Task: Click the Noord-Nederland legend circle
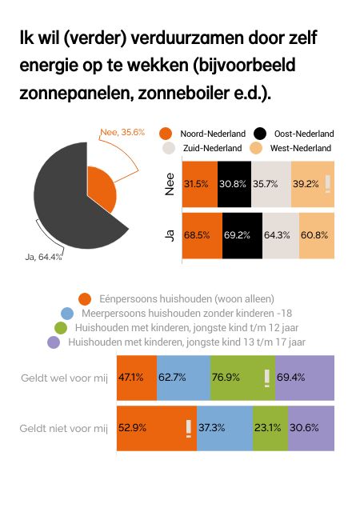click(166, 134)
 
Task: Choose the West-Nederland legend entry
click(293, 149)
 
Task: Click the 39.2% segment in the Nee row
click(313, 183)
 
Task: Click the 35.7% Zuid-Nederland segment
click(271, 183)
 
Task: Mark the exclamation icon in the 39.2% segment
click(327, 183)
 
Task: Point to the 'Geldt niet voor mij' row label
click(63, 428)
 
